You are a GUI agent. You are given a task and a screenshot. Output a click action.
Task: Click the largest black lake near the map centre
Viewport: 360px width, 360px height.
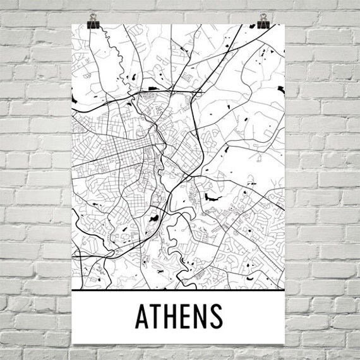[152, 218]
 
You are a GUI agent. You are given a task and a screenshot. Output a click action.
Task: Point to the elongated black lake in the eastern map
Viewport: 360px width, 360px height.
[212, 196]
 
